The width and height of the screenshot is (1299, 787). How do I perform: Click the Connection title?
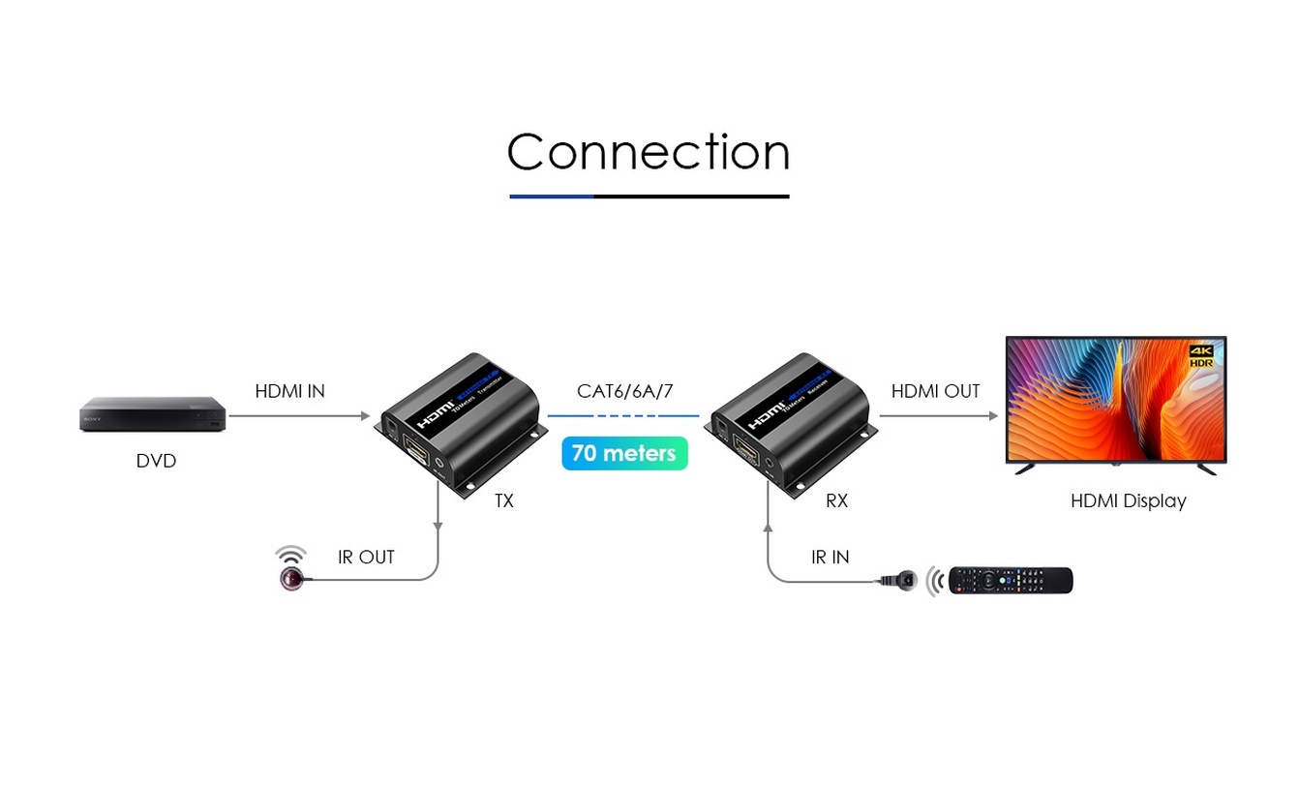(x=649, y=153)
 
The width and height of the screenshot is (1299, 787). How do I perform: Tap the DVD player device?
(x=152, y=413)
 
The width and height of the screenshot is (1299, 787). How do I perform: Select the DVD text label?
(x=156, y=461)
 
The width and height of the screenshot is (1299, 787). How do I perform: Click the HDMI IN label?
(x=289, y=391)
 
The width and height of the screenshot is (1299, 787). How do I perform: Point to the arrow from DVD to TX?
(x=299, y=416)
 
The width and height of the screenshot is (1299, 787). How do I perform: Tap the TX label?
(x=503, y=500)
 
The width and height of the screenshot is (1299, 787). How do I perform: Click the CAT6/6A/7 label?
(x=624, y=391)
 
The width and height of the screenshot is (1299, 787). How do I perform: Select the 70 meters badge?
(x=624, y=453)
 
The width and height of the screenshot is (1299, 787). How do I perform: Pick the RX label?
(x=836, y=500)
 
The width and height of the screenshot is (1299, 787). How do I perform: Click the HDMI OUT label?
(x=935, y=391)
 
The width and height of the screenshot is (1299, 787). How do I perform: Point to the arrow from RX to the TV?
(x=938, y=416)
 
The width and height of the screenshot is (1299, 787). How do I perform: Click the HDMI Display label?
(x=1128, y=500)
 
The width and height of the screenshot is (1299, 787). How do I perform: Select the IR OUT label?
(x=366, y=558)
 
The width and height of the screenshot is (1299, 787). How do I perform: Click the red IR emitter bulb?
(x=290, y=579)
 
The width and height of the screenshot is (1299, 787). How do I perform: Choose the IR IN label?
(x=830, y=558)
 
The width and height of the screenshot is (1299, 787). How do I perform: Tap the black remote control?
(x=1011, y=581)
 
